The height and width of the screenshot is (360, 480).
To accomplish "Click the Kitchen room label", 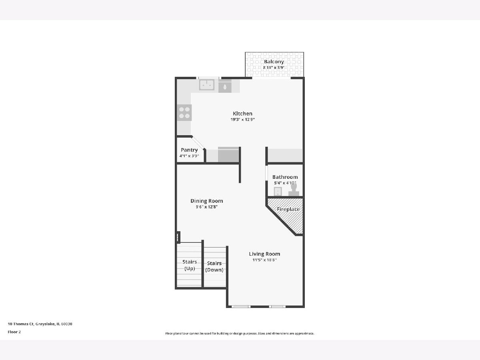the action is [x=242, y=114].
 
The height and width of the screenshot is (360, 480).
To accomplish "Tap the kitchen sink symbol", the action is [x=206, y=85].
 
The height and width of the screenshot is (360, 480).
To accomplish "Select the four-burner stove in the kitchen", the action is [x=184, y=112].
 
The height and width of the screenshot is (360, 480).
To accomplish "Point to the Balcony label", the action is [x=274, y=62].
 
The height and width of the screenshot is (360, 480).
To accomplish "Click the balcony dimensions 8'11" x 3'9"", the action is [x=274, y=68].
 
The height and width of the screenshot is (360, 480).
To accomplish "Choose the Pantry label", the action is [x=189, y=150].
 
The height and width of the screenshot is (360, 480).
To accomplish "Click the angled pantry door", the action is [x=198, y=143].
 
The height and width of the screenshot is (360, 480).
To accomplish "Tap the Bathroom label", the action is [x=285, y=177].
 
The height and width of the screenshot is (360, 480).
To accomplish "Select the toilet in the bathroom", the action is [x=294, y=190].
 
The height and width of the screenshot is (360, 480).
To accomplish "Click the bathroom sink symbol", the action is [x=278, y=192].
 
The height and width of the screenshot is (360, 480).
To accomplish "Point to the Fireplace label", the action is [x=288, y=209].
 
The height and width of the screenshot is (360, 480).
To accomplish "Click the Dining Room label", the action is [x=207, y=201].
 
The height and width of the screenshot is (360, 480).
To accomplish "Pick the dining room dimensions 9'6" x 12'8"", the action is [x=207, y=207].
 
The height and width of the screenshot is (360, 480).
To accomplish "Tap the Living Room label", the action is [x=264, y=254].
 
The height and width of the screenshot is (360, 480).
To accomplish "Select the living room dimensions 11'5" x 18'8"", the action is [x=264, y=260].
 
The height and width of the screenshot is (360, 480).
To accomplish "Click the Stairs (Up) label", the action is [x=190, y=265].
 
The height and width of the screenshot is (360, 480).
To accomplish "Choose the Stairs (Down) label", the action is [x=214, y=266].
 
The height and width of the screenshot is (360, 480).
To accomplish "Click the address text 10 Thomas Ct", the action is [x=21, y=324].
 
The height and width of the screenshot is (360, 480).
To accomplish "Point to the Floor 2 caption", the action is [x=14, y=332].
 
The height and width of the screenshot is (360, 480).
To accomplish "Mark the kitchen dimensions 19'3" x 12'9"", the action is [x=242, y=120].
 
